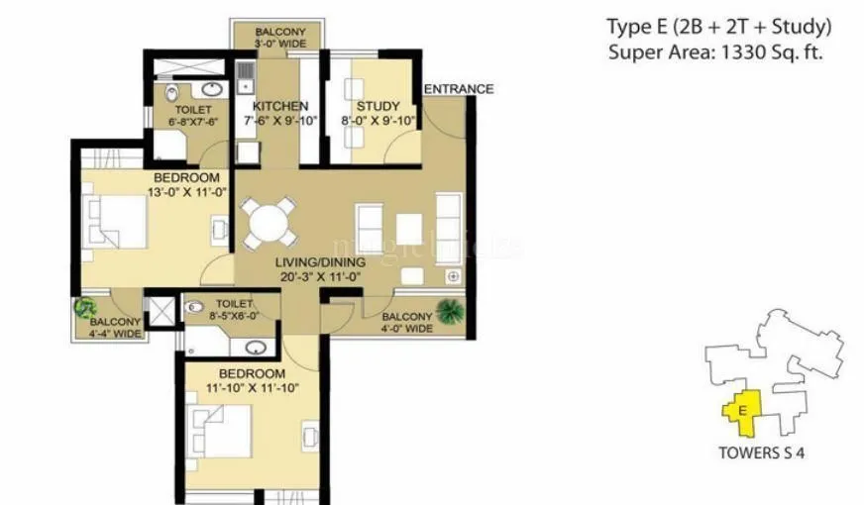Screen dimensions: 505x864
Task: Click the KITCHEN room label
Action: pyautogui.click(x=279, y=106)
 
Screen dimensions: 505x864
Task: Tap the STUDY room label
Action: pyautogui.click(x=378, y=106)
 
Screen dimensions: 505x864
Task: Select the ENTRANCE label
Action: pyautogui.click(x=458, y=89)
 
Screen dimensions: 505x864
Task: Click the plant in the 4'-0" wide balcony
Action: pyautogui.click(x=449, y=311)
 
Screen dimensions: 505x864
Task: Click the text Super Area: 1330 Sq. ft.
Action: pyautogui.click(x=715, y=51)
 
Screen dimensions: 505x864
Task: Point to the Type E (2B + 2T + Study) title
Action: pyautogui.click(x=718, y=26)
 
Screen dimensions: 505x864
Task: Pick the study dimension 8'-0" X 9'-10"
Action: pyautogui.click(x=378, y=121)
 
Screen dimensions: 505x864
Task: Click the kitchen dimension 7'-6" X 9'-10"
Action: pyautogui.click(x=279, y=121)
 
